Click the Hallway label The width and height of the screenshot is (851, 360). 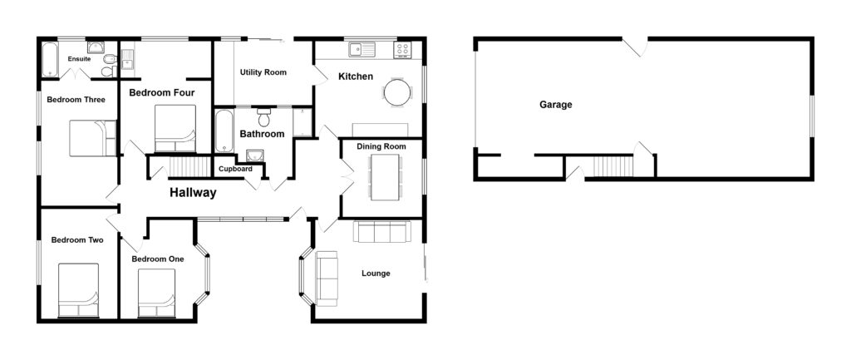[193, 193]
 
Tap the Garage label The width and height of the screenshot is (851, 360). [555, 105]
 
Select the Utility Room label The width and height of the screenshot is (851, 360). [263, 72]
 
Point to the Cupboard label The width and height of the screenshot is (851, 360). [234, 169]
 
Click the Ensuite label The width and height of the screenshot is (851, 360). [80, 59]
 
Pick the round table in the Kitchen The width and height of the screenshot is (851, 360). [397, 91]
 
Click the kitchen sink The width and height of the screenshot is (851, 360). [362, 50]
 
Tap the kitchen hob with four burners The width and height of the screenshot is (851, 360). [403, 50]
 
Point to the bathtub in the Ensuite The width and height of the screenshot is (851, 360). [49, 59]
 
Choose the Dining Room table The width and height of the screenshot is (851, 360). [384, 176]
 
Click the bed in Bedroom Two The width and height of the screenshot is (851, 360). [78, 290]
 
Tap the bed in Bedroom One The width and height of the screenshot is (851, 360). [156, 293]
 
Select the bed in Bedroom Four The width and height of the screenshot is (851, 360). [175, 128]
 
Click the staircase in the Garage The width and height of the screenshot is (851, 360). [612, 166]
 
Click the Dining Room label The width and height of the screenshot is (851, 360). [381, 146]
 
